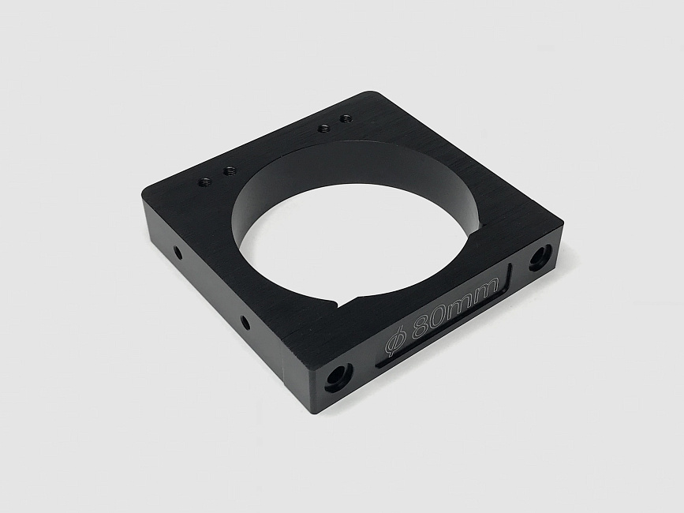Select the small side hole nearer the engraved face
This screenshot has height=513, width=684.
(x=245, y=323)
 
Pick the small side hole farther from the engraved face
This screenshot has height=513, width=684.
(x=177, y=252)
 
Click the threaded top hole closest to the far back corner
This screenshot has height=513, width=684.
(x=346, y=118)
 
